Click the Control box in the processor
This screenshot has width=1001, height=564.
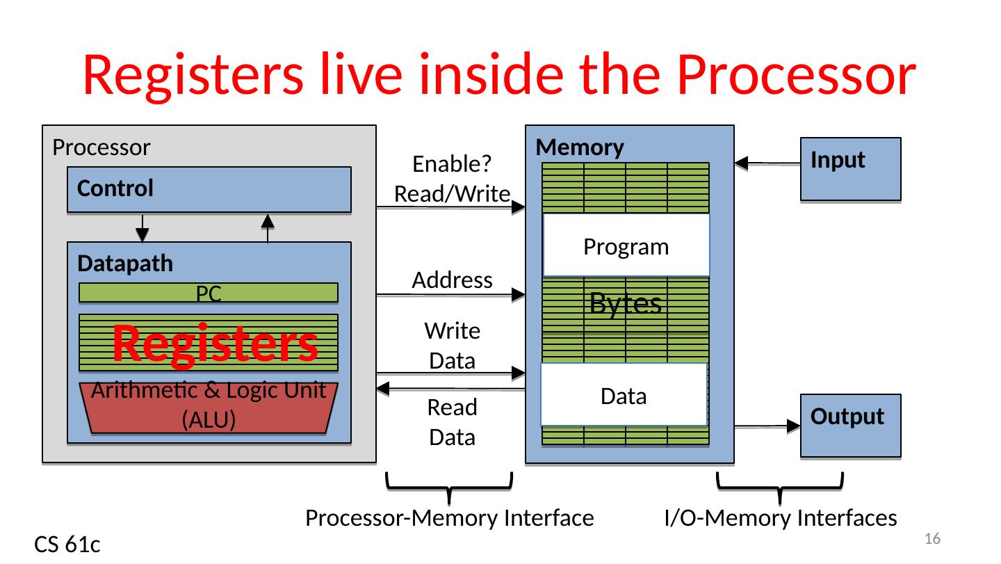point(209,189)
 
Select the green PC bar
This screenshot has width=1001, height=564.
point(209,293)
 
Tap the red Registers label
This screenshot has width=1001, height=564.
point(215,344)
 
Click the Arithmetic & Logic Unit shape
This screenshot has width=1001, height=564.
point(209,408)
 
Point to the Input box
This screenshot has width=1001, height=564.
point(851,170)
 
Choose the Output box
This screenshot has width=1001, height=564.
point(851,426)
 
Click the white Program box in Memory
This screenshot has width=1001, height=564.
point(626,246)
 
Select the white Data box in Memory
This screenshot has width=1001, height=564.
point(624,396)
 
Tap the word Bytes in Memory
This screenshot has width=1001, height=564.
point(625,303)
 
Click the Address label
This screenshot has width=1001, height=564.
point(452,280)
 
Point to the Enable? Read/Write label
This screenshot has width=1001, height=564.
point(452,179)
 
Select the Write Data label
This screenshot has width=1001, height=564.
point(452,346)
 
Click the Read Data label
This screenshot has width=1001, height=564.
point(452,422)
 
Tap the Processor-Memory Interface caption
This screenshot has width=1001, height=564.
point(449,517)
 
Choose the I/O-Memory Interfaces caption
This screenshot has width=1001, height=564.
point(780,517)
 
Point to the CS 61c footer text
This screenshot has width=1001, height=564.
point(67,546)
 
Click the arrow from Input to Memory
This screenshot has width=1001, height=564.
point(767,164)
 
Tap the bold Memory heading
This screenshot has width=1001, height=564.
point(580,147)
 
